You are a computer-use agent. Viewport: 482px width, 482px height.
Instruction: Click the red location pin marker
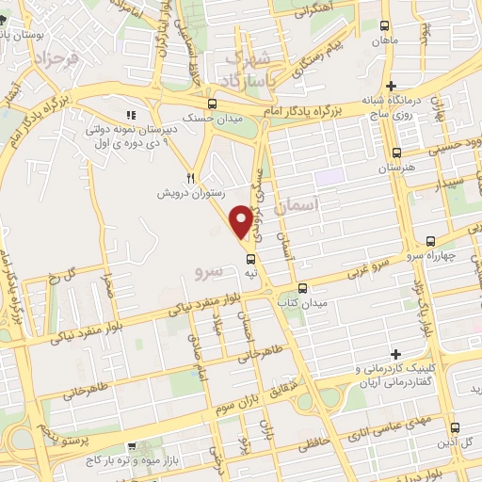coord(241,220)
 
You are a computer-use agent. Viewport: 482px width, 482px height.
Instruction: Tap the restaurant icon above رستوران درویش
coord(190,176)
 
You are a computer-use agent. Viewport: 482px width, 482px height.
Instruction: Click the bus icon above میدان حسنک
coord(212,104)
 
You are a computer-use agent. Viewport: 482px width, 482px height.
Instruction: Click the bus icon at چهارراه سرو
coord(430,240)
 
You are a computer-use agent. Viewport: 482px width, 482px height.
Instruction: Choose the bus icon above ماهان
coord(384,28)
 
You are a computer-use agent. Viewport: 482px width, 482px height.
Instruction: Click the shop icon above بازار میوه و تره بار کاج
coord(131,447)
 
